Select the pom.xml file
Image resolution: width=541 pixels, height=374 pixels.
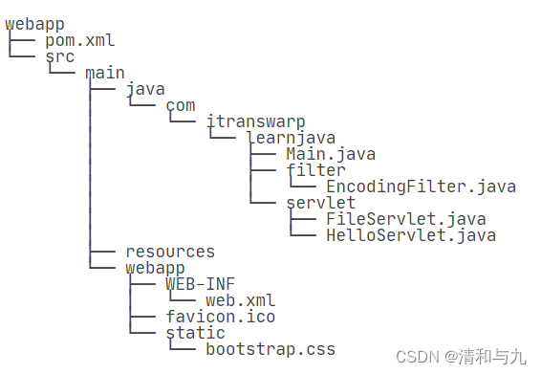pos(79,41)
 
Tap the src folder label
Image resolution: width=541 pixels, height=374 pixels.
pos(59,57)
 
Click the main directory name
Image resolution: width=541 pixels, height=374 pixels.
pos(104,74)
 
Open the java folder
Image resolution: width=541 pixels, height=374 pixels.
pos(144,90)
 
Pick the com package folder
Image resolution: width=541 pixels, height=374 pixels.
pos(180,106)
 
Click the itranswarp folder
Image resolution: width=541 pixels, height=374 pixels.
pos(256,122)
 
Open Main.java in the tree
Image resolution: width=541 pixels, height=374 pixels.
pos(330,155)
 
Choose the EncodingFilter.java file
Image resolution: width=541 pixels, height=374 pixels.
pos(421,187)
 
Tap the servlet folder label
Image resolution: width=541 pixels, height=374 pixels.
pos(320,204)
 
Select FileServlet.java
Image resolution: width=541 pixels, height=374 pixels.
pos(406,220)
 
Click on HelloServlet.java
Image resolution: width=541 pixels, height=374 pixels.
pos(411,235)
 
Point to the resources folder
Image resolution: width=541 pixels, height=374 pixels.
pos(170,253)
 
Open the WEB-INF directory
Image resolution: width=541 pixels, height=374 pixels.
pos(199,285)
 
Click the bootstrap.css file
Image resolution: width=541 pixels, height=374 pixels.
pos(270,350)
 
